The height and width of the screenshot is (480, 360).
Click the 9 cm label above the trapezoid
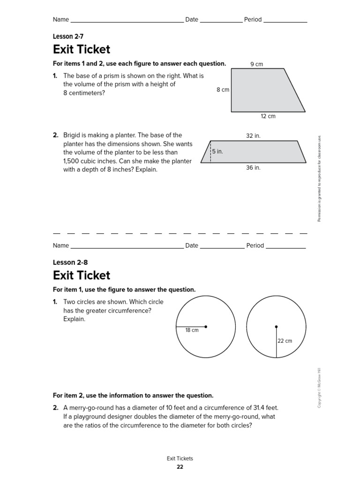256,64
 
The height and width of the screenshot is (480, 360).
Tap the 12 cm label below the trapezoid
268,116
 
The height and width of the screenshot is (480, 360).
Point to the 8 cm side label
223,90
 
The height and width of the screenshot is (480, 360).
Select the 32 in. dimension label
253,136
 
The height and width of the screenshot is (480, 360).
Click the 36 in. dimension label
253,168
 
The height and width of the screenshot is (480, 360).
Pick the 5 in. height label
217,152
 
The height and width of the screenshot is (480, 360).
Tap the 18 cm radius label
192,330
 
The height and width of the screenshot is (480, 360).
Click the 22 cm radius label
285,341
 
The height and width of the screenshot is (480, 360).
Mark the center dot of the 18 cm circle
206,327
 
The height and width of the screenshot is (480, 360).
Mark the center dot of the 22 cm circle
276,327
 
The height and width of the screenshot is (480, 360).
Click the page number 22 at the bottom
180,467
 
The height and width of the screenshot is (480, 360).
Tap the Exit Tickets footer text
180,459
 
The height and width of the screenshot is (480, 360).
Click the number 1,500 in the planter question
73,161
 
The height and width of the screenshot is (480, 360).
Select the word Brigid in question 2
73,135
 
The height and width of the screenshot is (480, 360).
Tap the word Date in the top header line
192,20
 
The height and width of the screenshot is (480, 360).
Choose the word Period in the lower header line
255,246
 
